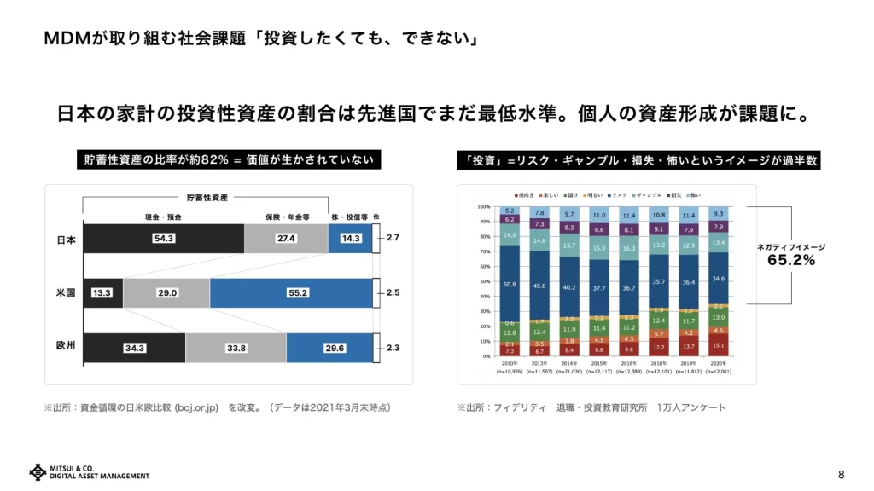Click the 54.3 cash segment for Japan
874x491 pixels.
[164, 239]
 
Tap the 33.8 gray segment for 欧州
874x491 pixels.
[236, 347]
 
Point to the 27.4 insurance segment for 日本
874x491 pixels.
[286, 239]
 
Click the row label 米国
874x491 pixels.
[67, 292]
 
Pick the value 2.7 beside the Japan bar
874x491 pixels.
[393, 239]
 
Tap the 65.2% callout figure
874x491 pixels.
[791, 261]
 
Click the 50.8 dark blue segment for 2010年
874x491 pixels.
[509, 284]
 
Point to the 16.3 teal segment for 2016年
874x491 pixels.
[629, 248]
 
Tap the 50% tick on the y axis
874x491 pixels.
[484, 281]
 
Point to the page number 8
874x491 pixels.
[841, 474]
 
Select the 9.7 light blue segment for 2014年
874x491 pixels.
[569, 214]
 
